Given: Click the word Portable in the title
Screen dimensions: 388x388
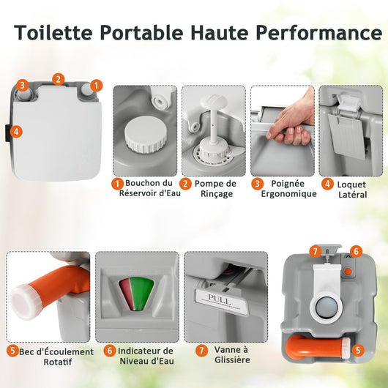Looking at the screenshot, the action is [x=141, y=33].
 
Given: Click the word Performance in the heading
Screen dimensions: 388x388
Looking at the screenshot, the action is [x=319, y=33].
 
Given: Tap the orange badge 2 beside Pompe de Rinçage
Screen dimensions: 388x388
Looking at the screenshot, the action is [x=185, y=184].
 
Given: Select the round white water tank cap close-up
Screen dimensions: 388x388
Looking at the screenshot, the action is [x=146, y=134].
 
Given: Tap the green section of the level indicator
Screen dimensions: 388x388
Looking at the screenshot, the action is [x=141, y=293].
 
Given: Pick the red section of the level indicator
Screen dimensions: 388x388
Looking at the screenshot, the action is [x=127, y=294].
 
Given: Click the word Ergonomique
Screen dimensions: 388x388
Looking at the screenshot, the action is [x=288, y=194].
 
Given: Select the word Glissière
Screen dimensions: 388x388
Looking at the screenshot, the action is [x=232, y=359].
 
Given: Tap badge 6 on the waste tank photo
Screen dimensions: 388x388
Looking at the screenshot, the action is [x=356, y=251].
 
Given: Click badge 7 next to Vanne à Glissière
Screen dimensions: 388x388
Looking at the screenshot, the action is [x=201, y=351].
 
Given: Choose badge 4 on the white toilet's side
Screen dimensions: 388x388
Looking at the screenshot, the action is [x=16, y=132].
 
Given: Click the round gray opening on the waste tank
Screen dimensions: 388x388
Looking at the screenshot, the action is [x=327, y=307].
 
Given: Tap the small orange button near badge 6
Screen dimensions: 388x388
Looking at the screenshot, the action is [x=348, y=272].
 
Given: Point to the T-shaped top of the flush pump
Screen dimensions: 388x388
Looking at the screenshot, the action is [x=214, y=100].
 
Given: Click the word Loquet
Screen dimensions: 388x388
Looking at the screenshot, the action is [x=351, y=184].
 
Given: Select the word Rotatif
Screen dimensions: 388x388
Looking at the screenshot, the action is [x=58, y=362].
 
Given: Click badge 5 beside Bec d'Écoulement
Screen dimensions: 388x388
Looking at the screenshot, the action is [x=12, y=351].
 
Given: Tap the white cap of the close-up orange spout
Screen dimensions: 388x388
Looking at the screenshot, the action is [x=25, y=302].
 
